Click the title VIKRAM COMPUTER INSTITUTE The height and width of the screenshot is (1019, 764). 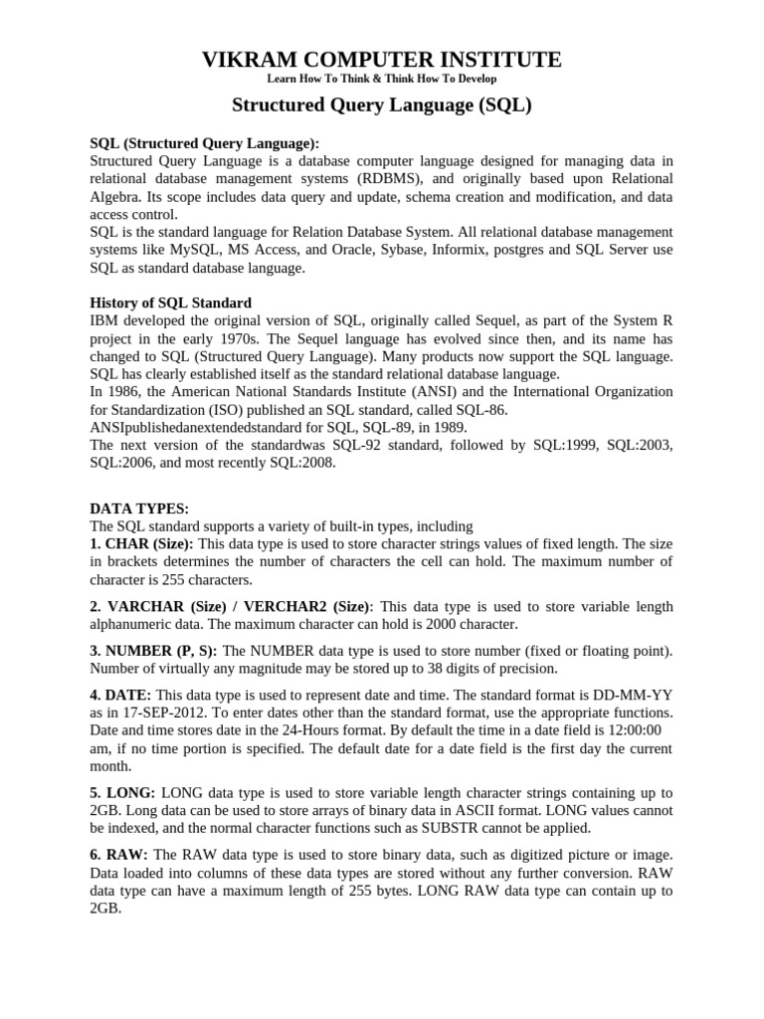[x=382, y=59]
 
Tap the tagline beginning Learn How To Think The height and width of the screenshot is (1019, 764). [x=382, y=79]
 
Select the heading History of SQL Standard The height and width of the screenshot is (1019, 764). [x=170, y=303]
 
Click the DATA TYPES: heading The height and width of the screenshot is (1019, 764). [x=138, y=509]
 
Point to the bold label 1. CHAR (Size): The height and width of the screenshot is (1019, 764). [x=142, y=544]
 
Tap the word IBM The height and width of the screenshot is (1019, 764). [x=103, y=320]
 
